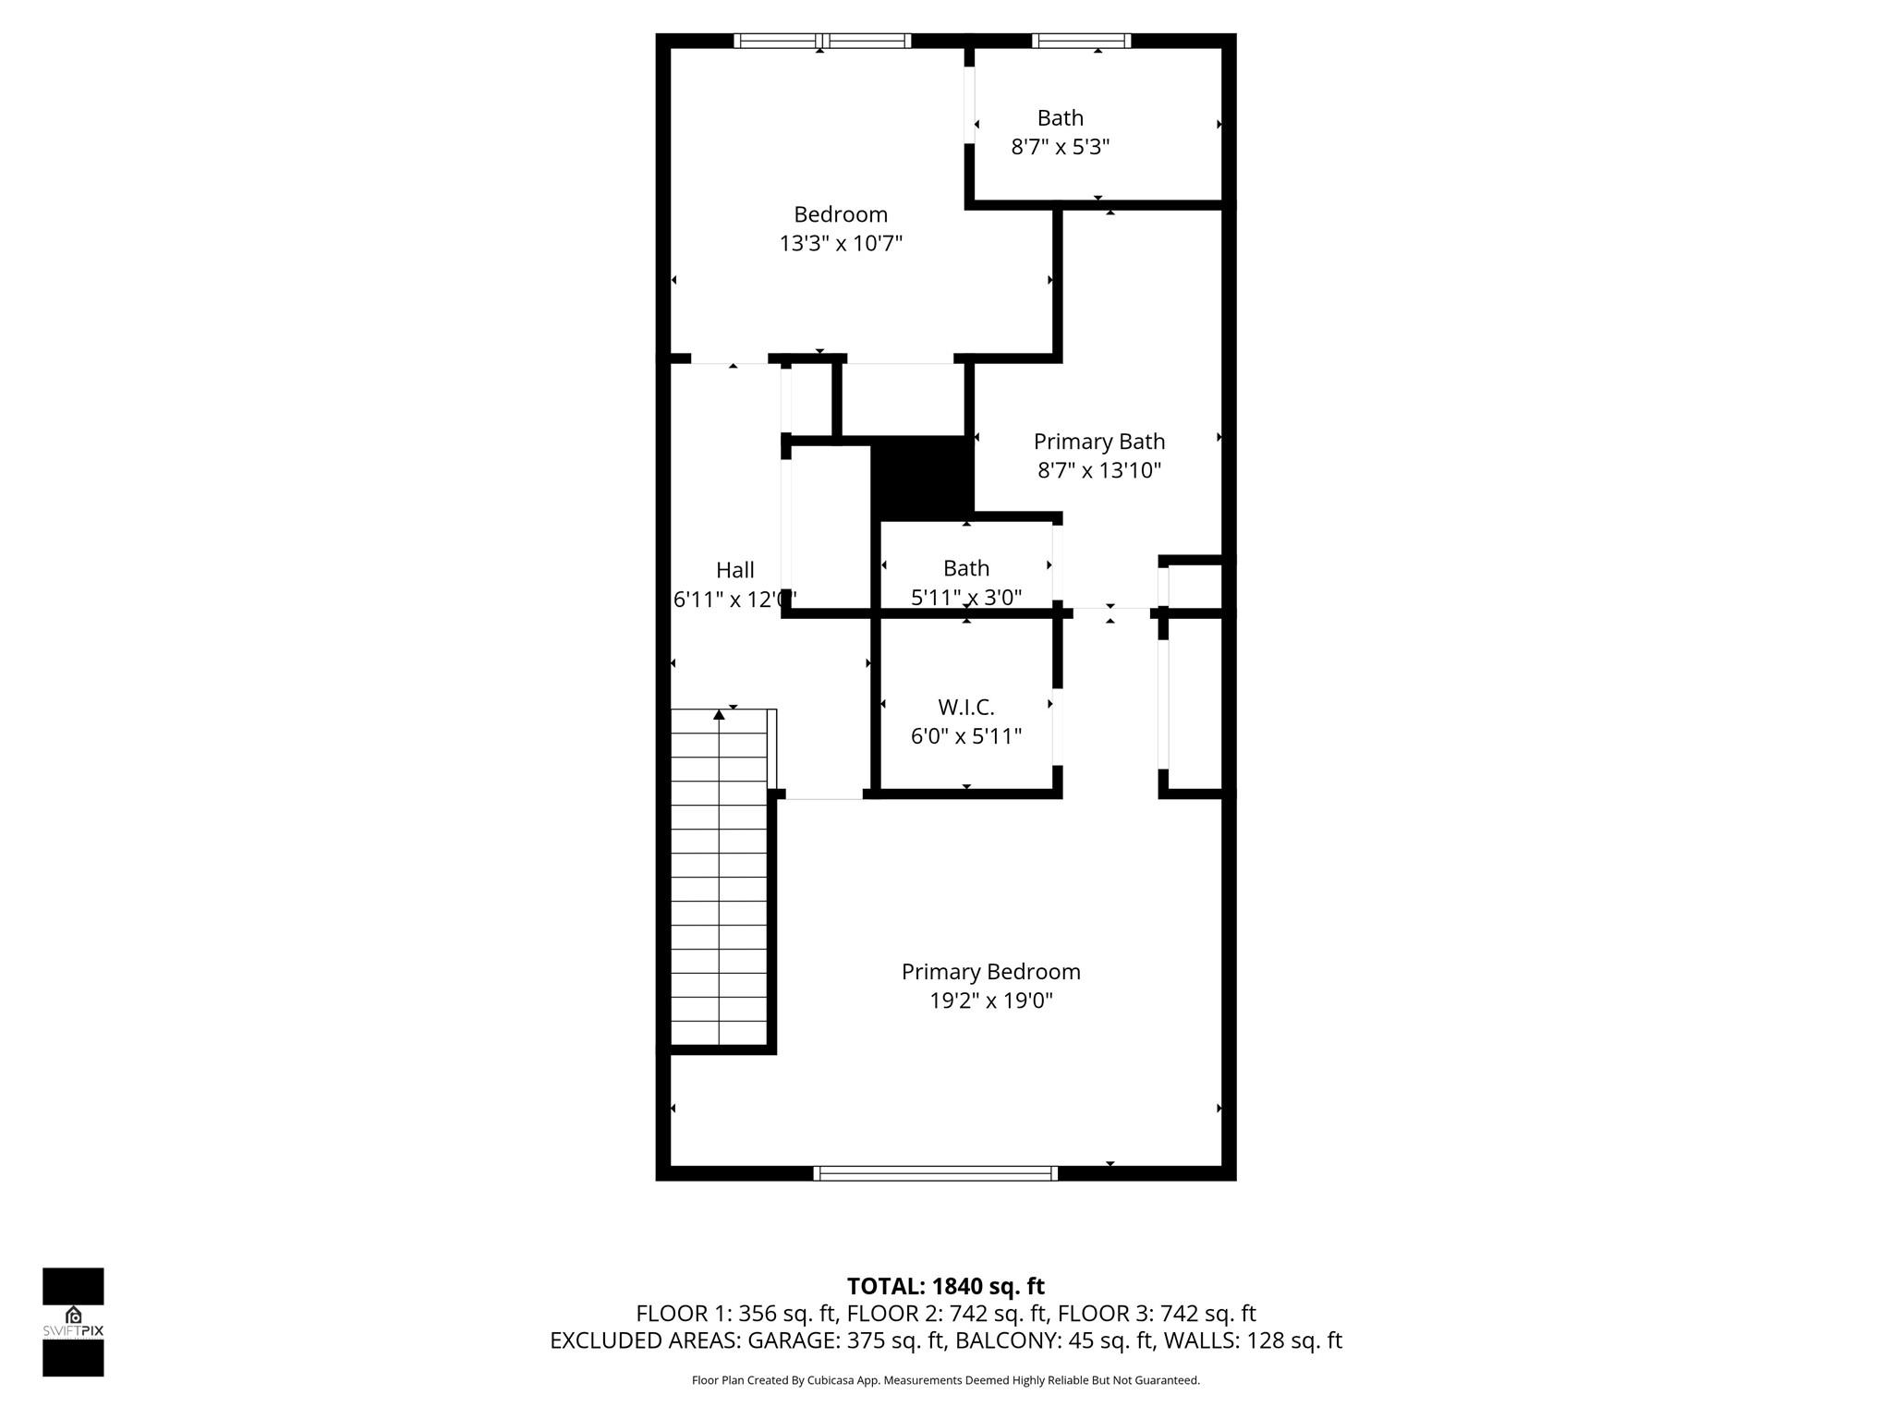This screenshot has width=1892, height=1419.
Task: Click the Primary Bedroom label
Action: [990, 972]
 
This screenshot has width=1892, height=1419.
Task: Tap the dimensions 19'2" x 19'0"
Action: [990, 1001]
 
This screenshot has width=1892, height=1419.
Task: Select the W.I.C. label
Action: [966, 708]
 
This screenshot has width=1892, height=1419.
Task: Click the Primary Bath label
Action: [1098, 442]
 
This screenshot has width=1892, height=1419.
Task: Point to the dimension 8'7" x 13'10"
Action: [1098, 470]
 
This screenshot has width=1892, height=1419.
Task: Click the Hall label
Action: [735, 570]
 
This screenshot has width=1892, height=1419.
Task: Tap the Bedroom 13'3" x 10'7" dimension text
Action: [840, 244]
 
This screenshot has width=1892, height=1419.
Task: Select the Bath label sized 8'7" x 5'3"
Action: [1060, 118]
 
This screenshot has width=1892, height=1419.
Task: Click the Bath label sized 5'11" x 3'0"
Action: [966, 568]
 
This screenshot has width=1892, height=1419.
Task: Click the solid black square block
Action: [921, 478]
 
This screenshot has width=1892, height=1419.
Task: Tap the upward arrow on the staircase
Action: [719, 714]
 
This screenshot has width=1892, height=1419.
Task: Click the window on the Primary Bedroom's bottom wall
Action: [935, 1173]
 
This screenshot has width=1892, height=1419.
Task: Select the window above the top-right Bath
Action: [1080, 41]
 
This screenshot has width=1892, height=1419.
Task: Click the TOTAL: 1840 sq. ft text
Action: [945, 1286]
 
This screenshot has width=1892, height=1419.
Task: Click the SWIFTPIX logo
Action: [73, 1321]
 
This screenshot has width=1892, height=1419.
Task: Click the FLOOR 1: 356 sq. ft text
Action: [735, 1314]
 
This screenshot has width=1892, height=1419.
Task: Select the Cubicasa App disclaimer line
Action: [945, 1380]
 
